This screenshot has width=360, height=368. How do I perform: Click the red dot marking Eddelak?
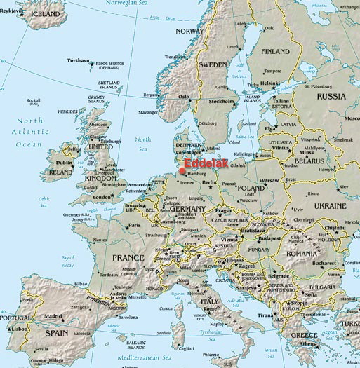(182, 170)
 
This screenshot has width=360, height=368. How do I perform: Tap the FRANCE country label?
(128, 258)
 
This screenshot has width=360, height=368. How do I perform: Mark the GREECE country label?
(304, 335)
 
